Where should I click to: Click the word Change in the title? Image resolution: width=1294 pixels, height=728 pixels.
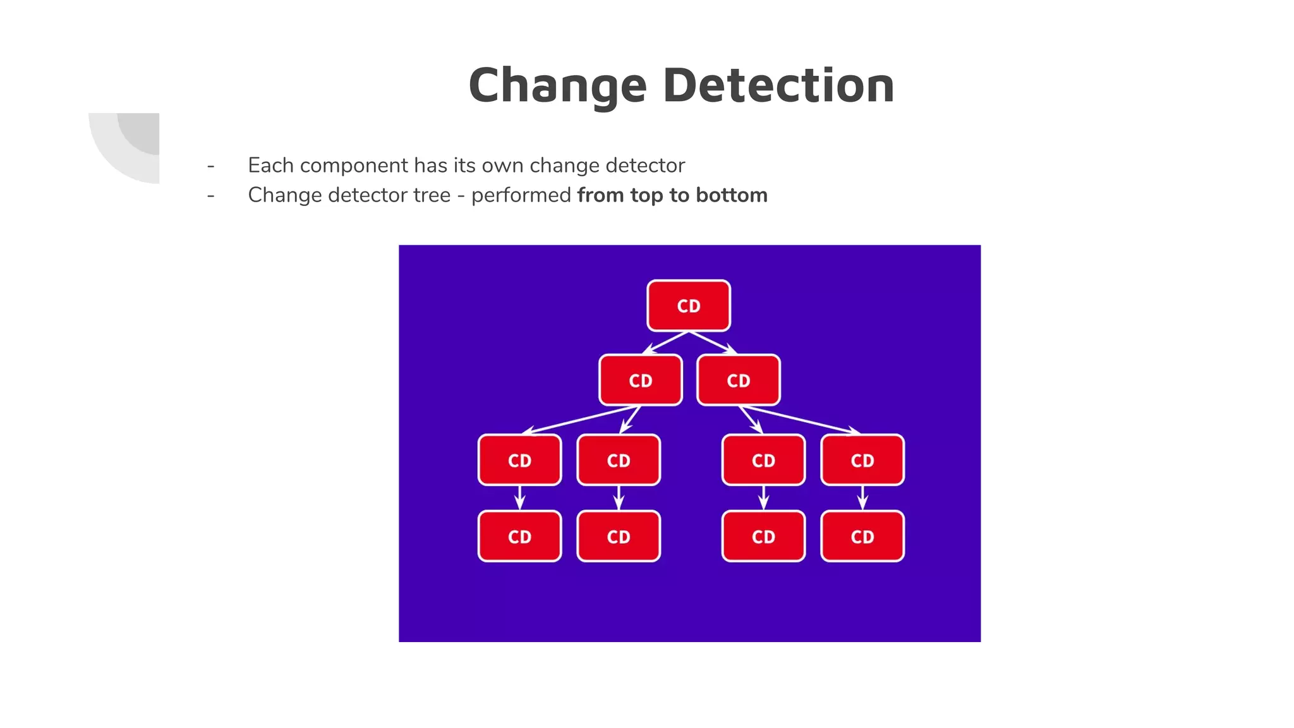tap(558, 86)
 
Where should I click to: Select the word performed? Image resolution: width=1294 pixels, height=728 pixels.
tap(521, 195)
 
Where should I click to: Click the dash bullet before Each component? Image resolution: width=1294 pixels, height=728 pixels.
tap(210, 166)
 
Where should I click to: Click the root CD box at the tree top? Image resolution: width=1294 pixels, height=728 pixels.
tap(689, 306)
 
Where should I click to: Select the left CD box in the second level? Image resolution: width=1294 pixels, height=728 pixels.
tap(640, 380)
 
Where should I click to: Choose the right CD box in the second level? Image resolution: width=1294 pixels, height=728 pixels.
tap(738, 380)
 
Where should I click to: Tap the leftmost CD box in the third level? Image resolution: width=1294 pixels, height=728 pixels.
tap(519, 460)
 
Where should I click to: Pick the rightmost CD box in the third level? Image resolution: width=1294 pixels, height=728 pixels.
tap(862, 460)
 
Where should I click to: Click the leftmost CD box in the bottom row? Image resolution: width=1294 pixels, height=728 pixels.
tap(519, 537)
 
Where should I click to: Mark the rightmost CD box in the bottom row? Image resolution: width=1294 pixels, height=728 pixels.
tap(862, 537)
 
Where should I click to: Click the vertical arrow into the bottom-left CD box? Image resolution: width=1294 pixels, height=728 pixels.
tap(519, 498)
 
